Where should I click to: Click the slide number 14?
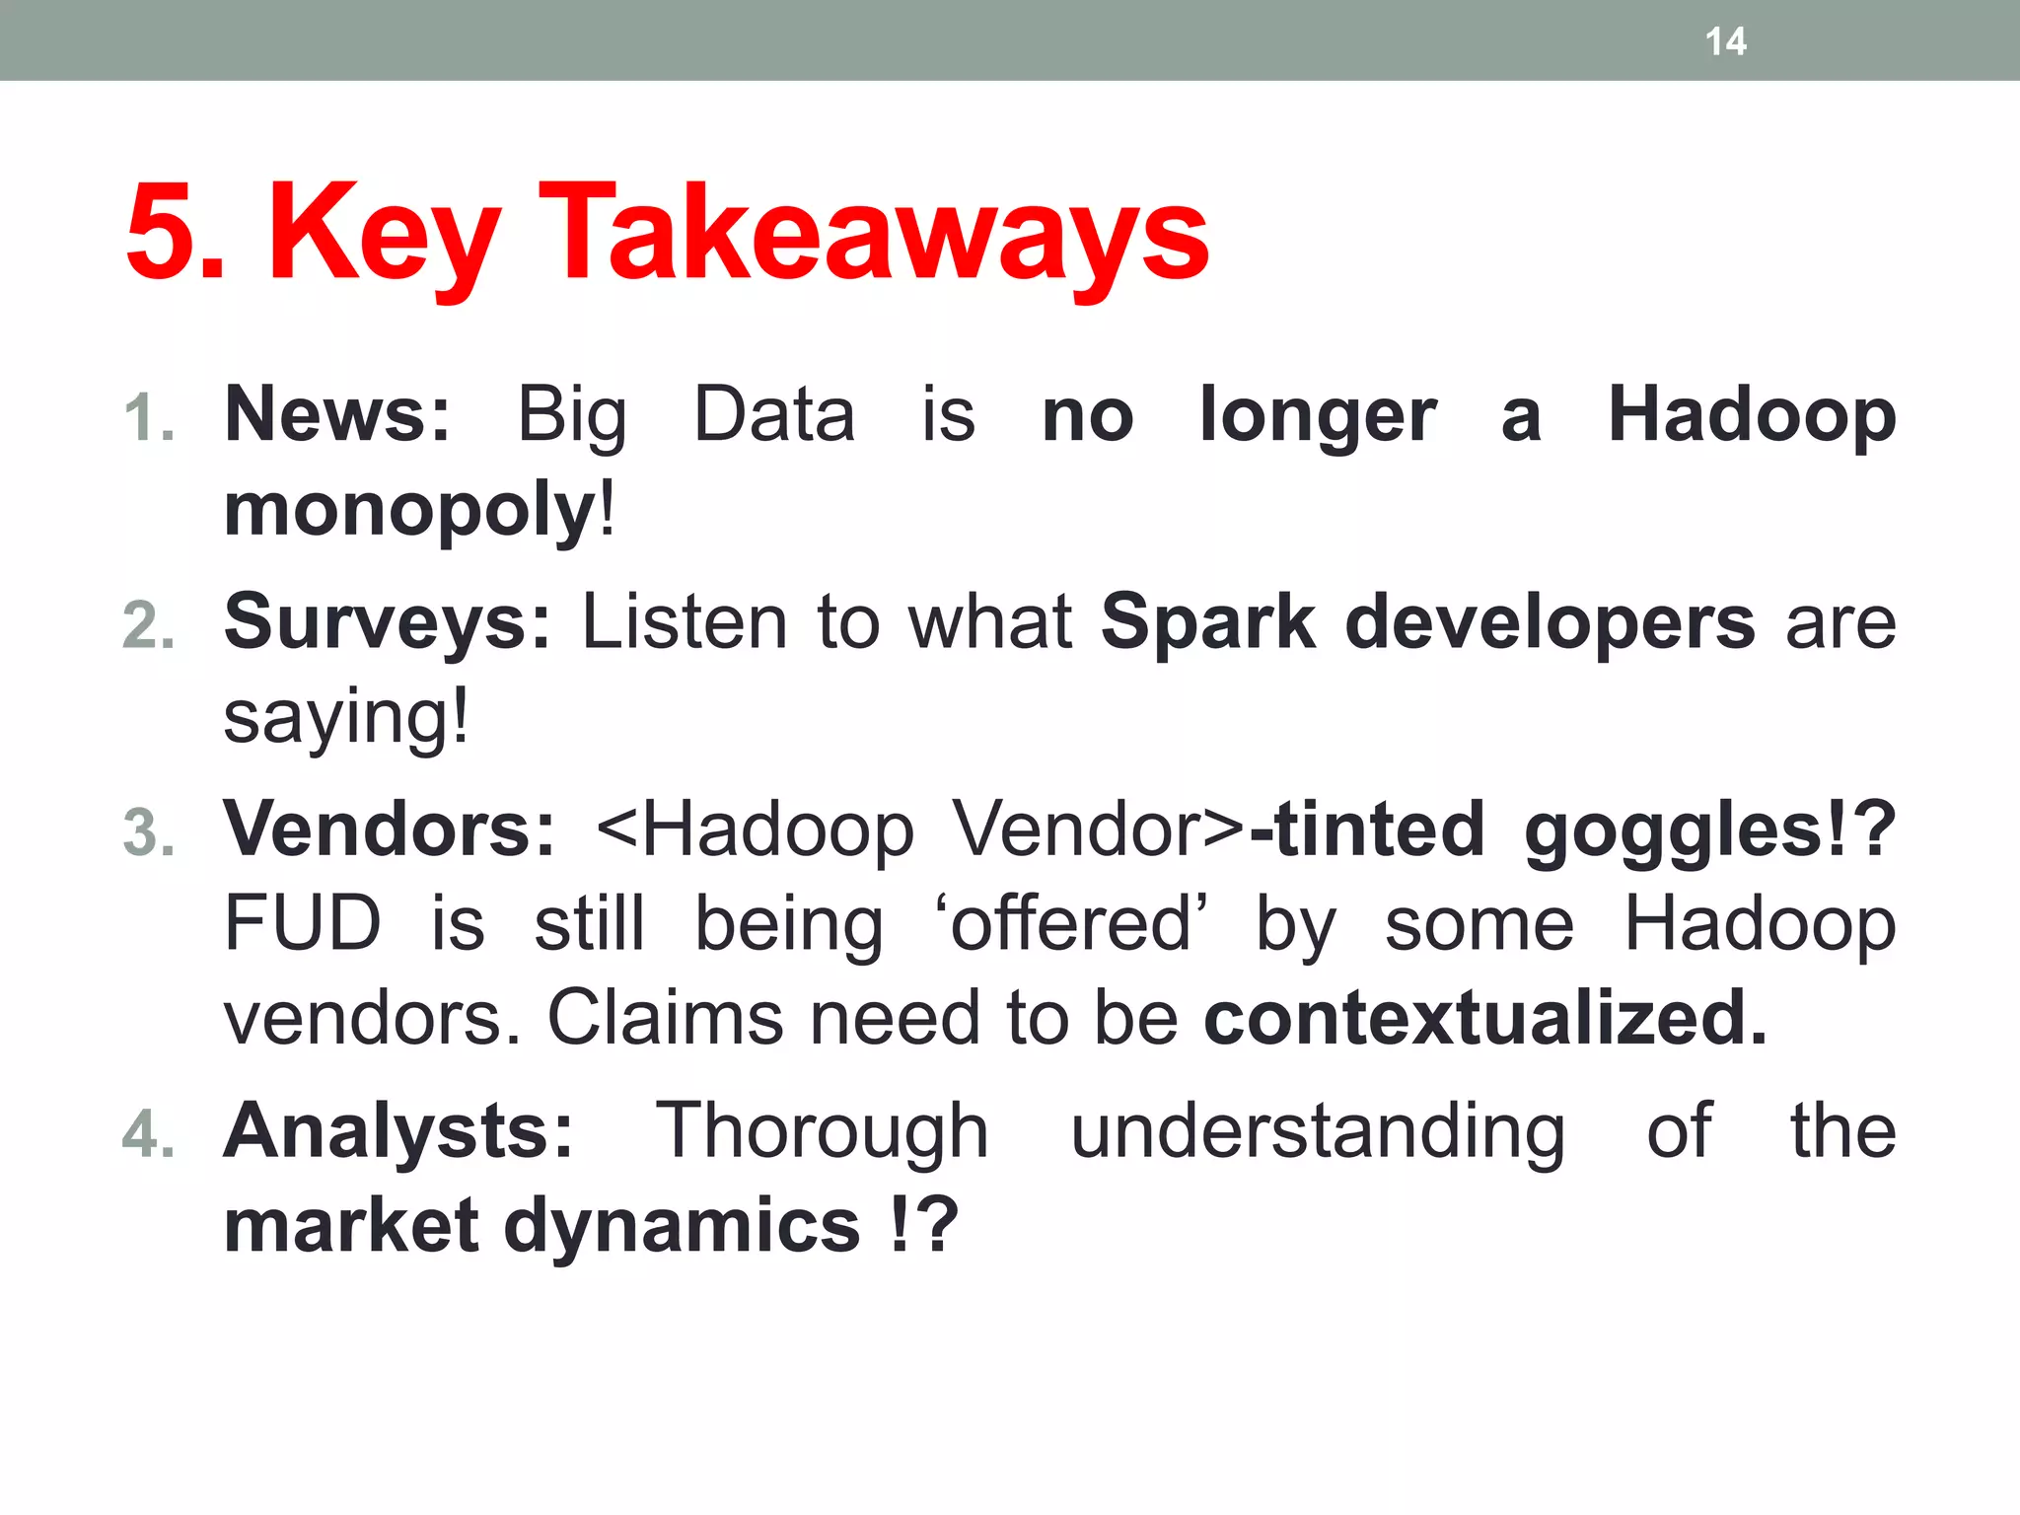[x=1725, y=41]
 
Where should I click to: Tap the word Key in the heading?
[x=384, y=237]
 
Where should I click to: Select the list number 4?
[x=149, y=1133]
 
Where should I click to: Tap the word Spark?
[x=1207, y=623]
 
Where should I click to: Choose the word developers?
[x=1550, y=623]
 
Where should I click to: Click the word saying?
[x=346, y=717]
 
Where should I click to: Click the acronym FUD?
[x=302, y=924]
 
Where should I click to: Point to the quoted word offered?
[x=1070, y=924]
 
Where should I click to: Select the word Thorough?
[x=822, y=1131]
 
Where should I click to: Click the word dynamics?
[x=682, y=1226]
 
